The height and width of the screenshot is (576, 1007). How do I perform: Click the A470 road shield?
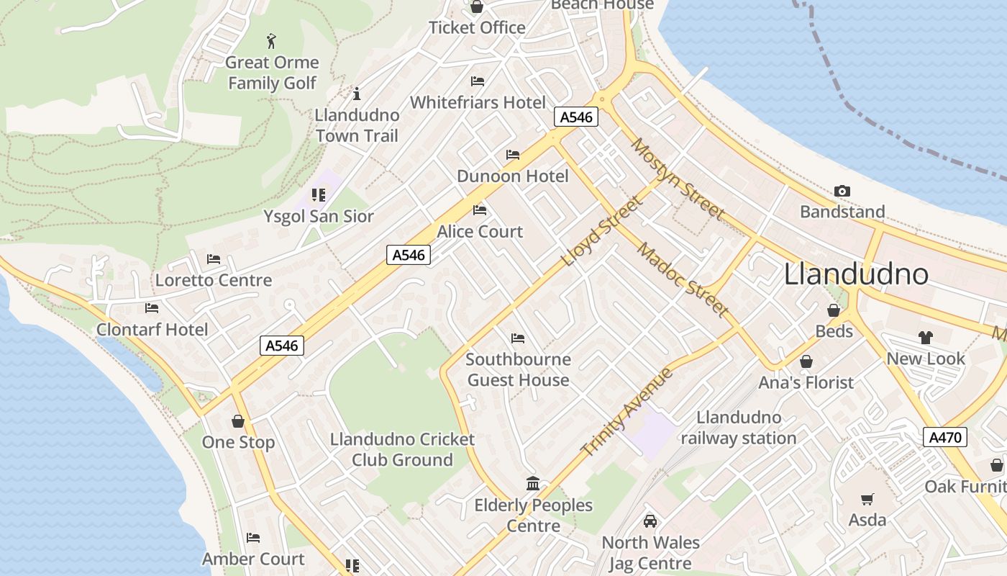coord(944,437)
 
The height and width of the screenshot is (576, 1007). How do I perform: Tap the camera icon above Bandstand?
coord(842,191)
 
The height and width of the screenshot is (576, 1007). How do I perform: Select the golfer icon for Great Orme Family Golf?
coord(271,40)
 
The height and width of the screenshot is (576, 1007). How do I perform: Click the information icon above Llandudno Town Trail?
coord(356,94)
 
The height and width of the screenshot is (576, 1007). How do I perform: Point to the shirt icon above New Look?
coord(925,337)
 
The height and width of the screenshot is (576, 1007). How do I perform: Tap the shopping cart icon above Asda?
coord(867,499)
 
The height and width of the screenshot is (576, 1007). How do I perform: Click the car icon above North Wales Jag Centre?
coord(650,521)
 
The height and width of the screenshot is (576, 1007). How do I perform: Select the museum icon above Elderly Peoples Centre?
coord(533,483)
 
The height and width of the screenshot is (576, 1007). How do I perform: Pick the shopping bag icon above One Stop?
coord(238,420)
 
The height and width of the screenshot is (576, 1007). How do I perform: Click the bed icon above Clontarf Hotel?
coord(152,308)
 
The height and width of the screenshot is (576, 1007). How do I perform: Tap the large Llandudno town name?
coord(856,274)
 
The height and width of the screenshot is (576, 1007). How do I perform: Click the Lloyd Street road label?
coord(601,231)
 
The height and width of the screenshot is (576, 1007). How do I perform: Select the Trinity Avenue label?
coord(627,413)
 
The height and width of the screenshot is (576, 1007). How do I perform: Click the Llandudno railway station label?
coord(739,428)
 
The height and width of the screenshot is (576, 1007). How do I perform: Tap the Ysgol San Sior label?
coord(319,216)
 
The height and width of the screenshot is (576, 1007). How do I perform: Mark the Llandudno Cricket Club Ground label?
coord(402,449)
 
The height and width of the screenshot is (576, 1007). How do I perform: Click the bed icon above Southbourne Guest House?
coord(518,338)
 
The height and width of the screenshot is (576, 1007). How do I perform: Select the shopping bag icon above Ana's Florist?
coord(806,361)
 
